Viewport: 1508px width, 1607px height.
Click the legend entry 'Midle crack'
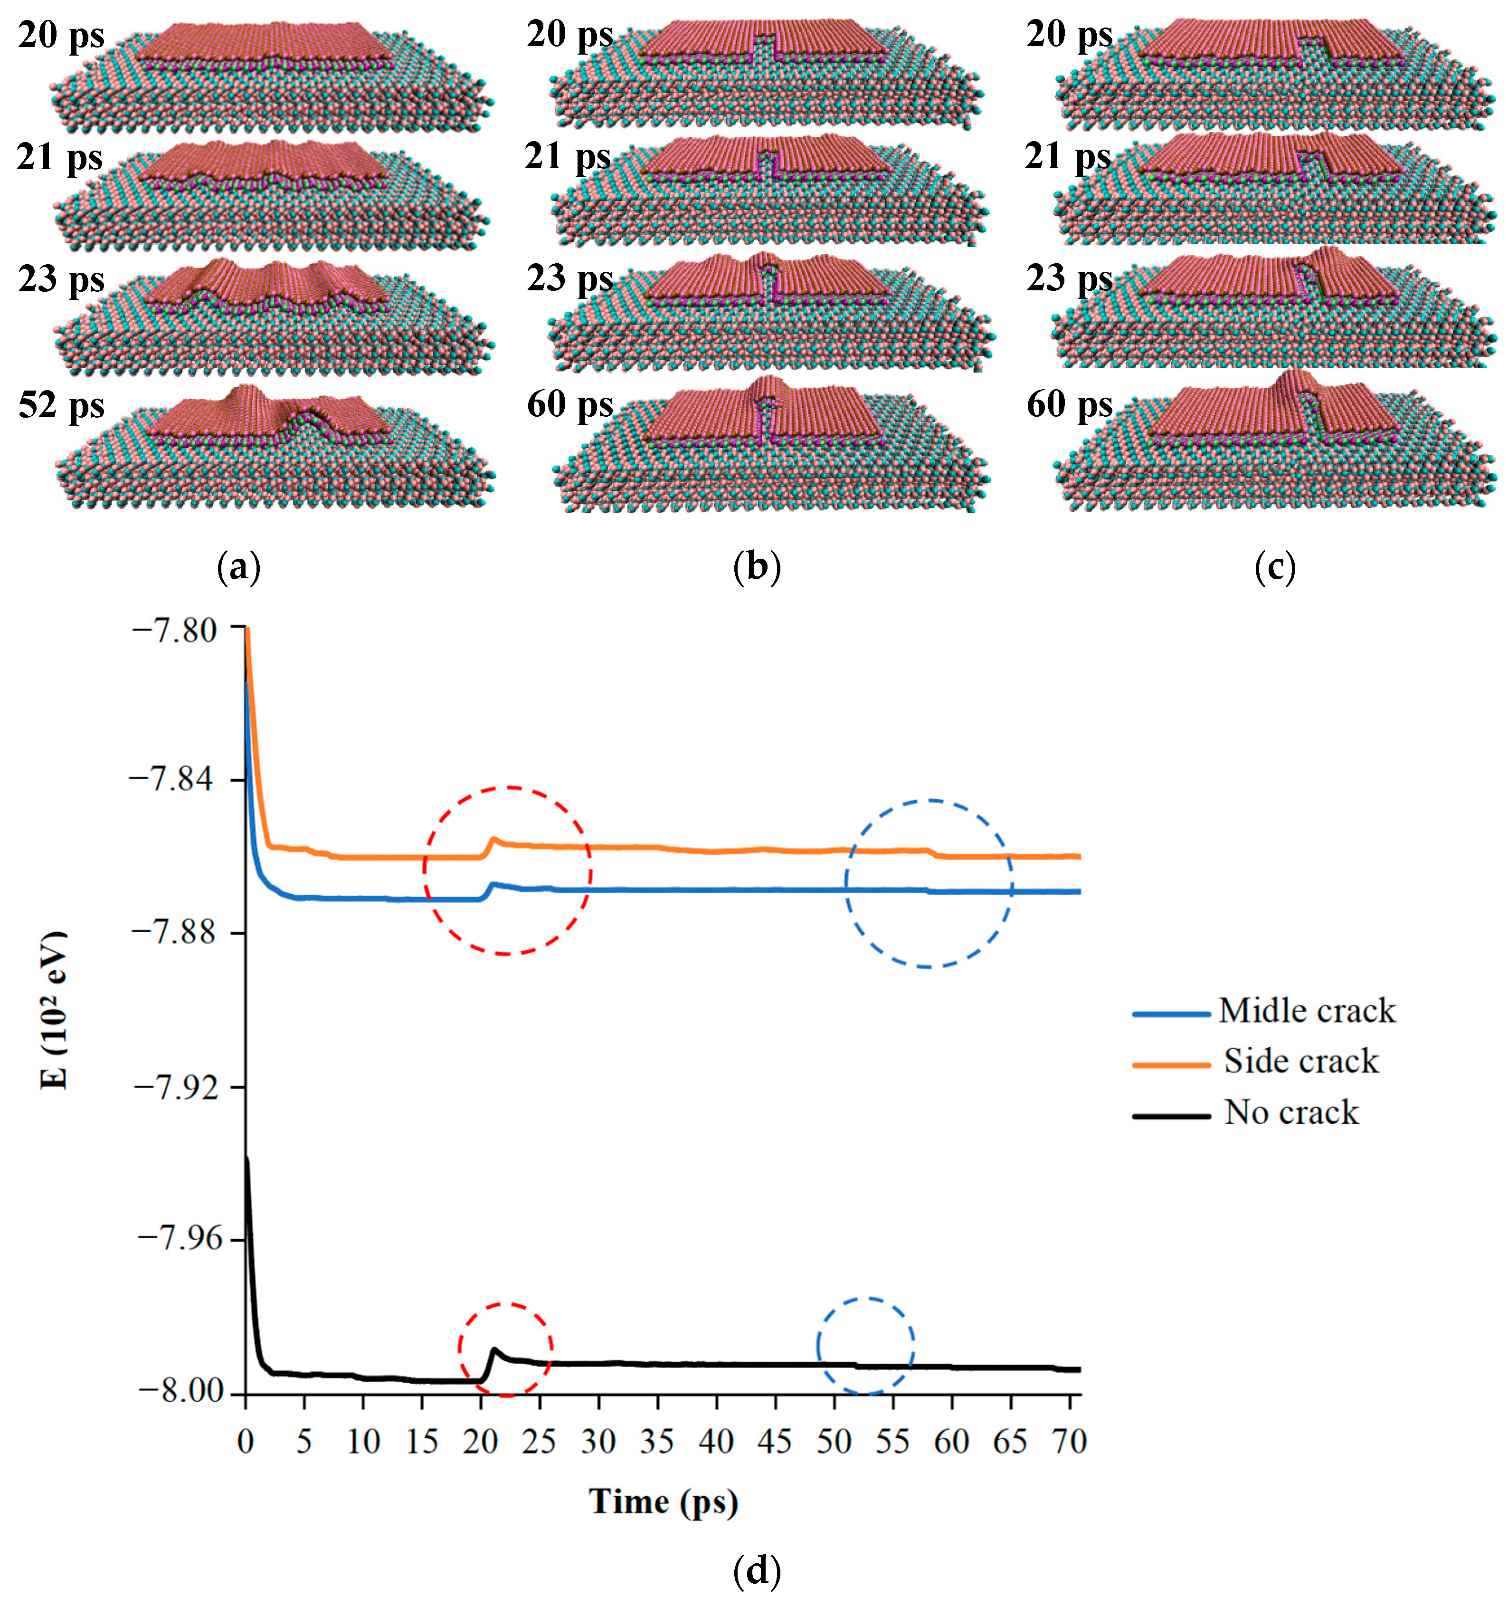point(1306,1011)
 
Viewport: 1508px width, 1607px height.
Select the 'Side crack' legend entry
point(1300,1062)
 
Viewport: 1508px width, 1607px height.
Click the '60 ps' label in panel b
point(570,405)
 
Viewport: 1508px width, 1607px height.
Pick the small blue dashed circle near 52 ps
point(865,1346)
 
